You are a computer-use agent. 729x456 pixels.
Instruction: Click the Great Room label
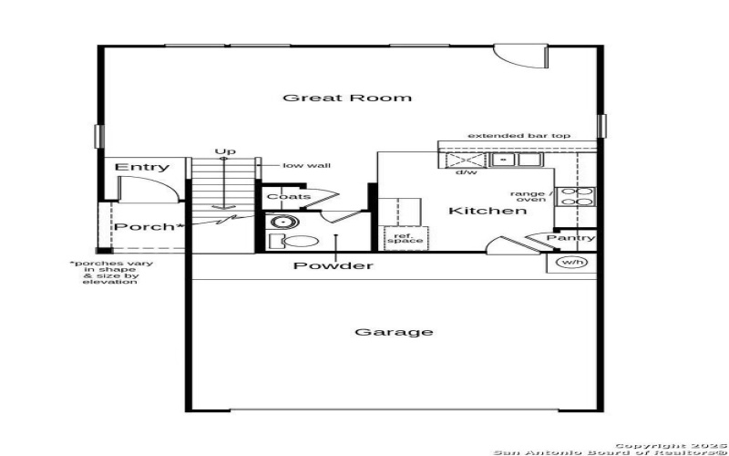(x=346, y=98)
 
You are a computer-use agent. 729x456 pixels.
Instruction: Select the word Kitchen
(x=488, y=211)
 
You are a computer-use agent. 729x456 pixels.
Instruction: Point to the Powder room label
(x=333, y=265)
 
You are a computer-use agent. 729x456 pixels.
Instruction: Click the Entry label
(x=142, y=167)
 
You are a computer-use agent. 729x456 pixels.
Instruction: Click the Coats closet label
(x=288, y=196)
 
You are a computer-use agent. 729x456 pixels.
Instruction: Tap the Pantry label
(x=570, y=238)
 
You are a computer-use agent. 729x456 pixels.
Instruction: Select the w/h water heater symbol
(x=571, y=263)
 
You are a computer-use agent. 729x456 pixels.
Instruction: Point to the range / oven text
(x=530, y=196)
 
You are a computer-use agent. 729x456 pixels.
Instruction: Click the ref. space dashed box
(x=404, y=238)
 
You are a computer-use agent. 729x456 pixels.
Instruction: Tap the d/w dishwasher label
(x=467, y=171)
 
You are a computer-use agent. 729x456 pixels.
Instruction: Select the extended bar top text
(x=519, y=136)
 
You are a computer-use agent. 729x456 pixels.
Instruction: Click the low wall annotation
(x=306, y=165)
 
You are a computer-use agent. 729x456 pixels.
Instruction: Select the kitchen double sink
(x=515, y=160)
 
